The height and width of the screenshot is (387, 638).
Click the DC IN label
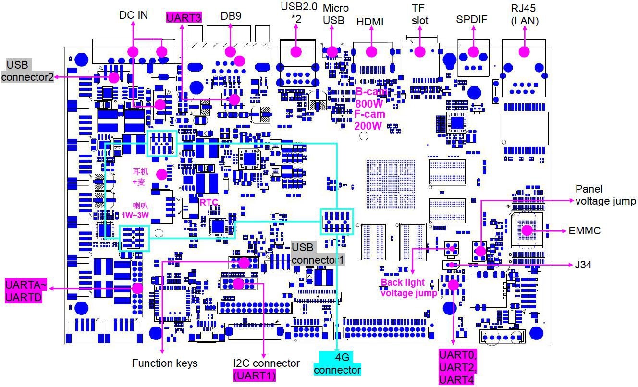134,15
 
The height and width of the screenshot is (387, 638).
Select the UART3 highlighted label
183,17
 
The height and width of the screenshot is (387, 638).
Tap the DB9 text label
231,16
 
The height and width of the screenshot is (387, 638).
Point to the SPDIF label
472,20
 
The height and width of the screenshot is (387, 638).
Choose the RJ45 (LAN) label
524,14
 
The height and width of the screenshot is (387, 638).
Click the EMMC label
585,230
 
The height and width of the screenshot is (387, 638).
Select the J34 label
583,265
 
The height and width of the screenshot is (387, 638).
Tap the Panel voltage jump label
605,195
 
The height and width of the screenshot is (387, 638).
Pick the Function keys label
165,363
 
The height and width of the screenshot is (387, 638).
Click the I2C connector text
266,363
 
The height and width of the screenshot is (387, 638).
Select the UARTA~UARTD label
23,290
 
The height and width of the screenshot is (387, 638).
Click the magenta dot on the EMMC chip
527,230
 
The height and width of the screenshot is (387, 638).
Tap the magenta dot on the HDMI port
371,51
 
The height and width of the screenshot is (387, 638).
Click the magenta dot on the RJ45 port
524,51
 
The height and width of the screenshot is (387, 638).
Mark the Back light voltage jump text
409,288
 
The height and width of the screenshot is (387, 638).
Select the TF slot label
419,14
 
